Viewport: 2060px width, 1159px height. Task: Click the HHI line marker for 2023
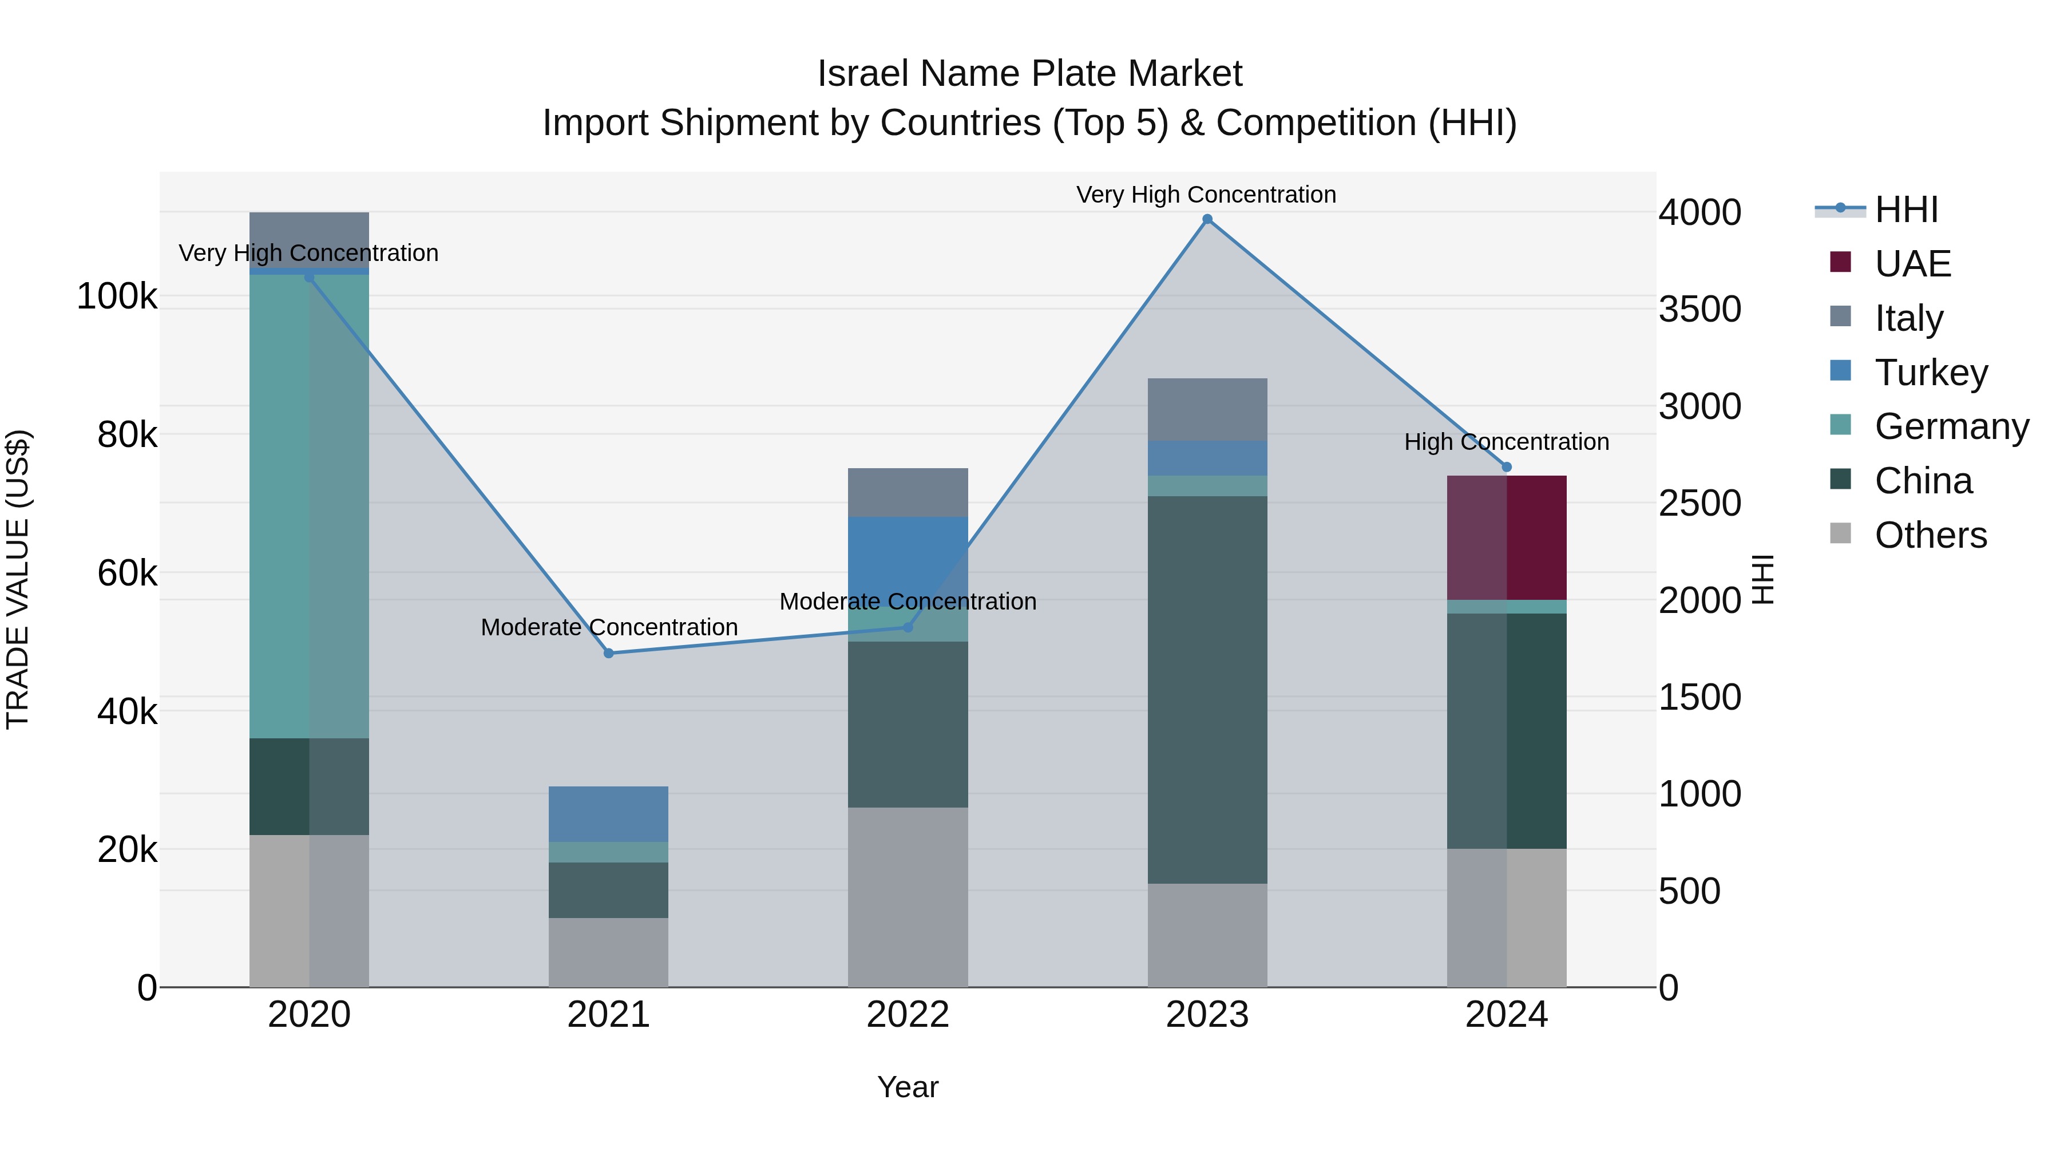coord(1207,219)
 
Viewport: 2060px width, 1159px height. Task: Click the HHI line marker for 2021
coord(609,654)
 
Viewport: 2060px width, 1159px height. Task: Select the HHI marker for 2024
coord(1507,467)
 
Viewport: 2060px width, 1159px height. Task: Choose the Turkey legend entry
coord(1931,373)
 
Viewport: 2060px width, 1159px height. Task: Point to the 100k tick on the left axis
coord(117,296)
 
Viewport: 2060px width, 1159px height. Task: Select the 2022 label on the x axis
coord(908,1015)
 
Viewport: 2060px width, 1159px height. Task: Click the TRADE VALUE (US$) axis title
coord(18,579)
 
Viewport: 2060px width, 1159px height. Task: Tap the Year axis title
coord(908,1087)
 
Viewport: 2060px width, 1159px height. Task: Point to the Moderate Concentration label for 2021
coord(609,627)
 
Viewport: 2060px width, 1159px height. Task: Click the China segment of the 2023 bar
coord(1207,690)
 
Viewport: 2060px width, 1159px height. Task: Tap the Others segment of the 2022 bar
coord(908,897)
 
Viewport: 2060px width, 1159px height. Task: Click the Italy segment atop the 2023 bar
coord(1207,410)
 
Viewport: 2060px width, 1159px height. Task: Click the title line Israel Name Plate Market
coord(1029,74)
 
